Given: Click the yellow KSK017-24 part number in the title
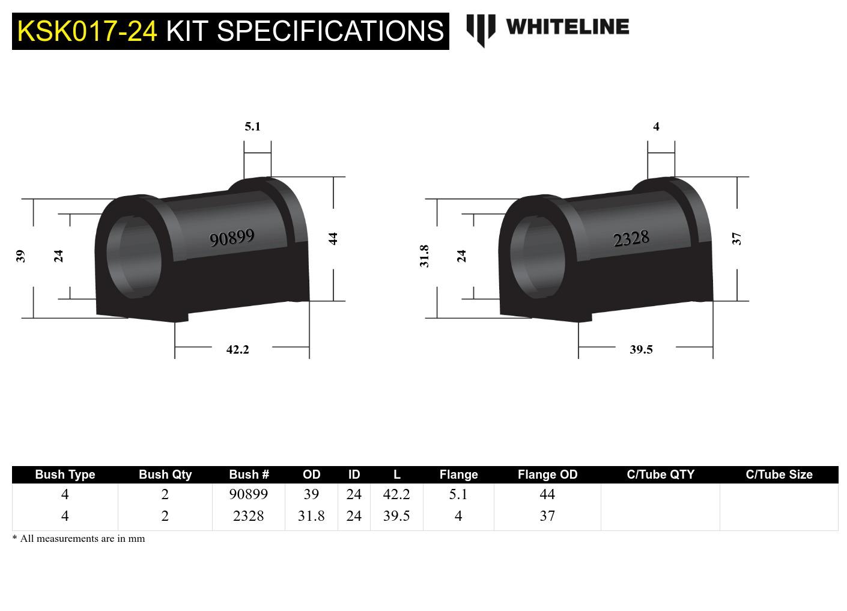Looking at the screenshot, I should pos(87,31).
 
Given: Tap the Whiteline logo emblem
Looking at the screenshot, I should pos(481,29).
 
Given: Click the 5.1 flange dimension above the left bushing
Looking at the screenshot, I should pos(252,126).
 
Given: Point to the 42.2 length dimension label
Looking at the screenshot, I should pos(237,349).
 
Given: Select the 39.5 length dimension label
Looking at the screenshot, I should pos(641,349).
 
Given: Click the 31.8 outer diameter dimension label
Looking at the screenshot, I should pos(424,256).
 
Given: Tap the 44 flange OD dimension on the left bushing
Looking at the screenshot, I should pos(333,238).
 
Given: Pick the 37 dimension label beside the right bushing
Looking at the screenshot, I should pos(736,239).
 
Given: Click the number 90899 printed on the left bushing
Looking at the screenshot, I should pos(232,238).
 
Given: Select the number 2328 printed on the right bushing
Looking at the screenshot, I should pos(631,239).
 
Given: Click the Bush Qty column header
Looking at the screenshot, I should pos(165,474).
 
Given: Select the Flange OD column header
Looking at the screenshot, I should pos(547,474).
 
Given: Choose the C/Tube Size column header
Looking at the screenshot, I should pos(779,474).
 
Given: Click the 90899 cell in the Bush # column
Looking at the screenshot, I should pos(248,494).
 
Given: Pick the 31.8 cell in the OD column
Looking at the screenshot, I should pos(311,516).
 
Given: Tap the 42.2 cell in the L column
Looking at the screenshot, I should pos(396,494).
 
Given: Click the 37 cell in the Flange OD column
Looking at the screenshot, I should pos(547,516).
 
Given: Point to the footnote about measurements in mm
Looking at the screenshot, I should pos(79,538).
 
